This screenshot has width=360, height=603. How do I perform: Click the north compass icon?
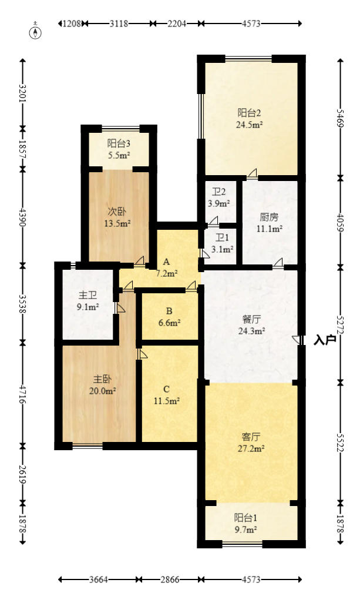pyautogui.click(x=36, y=32)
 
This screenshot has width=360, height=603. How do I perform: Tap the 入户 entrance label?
pyautogui.click(x=325, y=340)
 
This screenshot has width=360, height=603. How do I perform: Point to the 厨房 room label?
pyautogui.click(x=270, y=217)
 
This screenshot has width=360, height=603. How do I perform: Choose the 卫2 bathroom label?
pyautogui.click(x=218, y=192)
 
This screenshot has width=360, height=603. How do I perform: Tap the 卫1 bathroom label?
pyautogui.click(x=222, y=237)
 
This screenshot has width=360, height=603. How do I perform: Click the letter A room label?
pyautogui.click(x=166, y=262)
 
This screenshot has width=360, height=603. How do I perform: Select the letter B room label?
pyautogui.click(x=169, y=311)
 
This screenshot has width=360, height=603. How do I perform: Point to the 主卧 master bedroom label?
pyautogui.click(x=102, y=379)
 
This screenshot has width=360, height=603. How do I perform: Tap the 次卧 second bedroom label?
pyautogui.click(x=117, y=211)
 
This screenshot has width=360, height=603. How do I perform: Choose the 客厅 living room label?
pyautogui.click(x=251, y=437)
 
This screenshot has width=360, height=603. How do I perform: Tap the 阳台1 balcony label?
pyautogui.click(x=246, y=517)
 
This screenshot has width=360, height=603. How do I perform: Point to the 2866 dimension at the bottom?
pyautogui.click(x=170, y=579)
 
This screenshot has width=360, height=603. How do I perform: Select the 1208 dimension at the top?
pyautogui.click(x=72, y=24)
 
